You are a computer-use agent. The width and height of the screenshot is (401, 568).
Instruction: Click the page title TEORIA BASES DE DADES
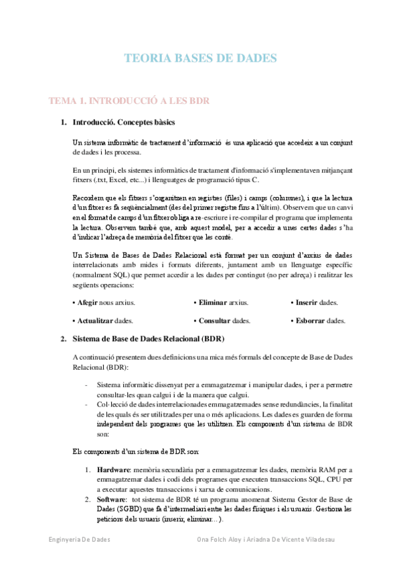(x=200, y=59)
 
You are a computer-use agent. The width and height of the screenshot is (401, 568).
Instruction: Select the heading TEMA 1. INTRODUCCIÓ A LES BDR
(x=129, y=101)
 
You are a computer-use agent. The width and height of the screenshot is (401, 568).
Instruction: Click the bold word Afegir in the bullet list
(x=86, y=303)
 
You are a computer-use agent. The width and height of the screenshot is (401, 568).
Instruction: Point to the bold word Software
(x=112, y=500)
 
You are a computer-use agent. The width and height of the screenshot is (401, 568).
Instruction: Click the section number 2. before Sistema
(x=64, y=338)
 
